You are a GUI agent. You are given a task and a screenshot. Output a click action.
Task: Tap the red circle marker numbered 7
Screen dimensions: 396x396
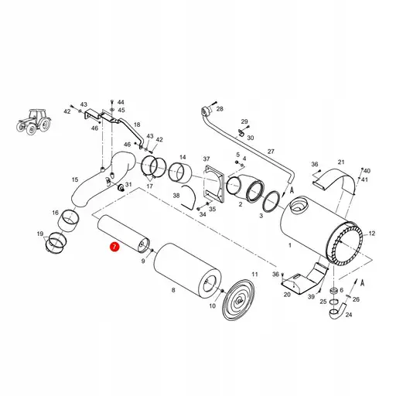tap(114, 247)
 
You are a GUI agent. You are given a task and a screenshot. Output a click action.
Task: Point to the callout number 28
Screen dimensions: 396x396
tap(219, 109)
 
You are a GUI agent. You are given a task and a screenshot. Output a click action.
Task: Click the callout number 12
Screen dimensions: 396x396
tap(372, 232)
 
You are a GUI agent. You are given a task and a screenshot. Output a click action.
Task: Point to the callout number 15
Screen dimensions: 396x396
tap(76, 180)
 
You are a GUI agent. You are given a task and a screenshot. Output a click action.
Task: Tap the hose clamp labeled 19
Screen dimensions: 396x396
tap(56, 244)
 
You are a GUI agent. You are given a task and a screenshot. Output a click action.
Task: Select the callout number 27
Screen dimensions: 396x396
tap(271, 152)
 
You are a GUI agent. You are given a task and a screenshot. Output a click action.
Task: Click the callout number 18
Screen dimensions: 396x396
tap(137, 124)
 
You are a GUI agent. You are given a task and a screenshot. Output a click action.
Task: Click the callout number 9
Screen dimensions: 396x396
tap(143, 261)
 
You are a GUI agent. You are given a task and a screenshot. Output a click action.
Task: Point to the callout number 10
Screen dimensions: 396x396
tap(211, 306)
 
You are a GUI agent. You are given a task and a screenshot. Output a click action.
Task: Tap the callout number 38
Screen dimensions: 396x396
tap(177, 196)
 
